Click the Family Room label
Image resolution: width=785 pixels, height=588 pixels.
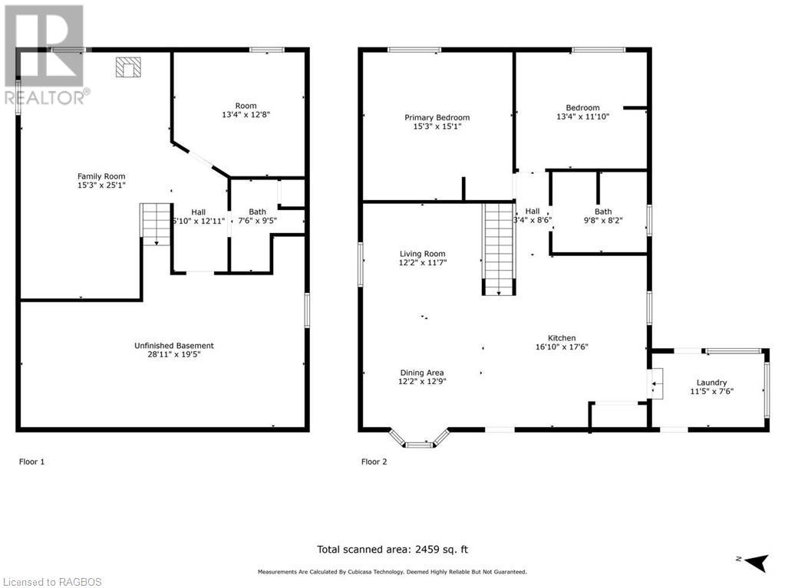coord(101,176)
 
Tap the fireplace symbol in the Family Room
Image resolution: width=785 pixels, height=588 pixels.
coord(127,68)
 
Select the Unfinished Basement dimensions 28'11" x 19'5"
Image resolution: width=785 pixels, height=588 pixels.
coord(173,355)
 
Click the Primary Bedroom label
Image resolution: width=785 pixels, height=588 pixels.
coord(437,117)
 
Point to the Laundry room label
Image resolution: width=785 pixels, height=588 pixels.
coord(711,383)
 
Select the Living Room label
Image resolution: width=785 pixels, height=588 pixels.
coord(422,254)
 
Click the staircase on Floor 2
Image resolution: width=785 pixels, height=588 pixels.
coord(498,248)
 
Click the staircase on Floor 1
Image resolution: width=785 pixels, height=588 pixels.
coord(155,224)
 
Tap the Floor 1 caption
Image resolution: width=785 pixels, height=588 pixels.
coord(31,462)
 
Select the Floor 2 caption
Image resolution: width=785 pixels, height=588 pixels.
coord(374,462)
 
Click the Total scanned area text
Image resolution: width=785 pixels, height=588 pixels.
coord(392,549)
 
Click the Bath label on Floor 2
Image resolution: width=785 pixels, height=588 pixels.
coord(603,212)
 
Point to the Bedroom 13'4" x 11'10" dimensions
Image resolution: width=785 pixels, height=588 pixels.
coord(582,117)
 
